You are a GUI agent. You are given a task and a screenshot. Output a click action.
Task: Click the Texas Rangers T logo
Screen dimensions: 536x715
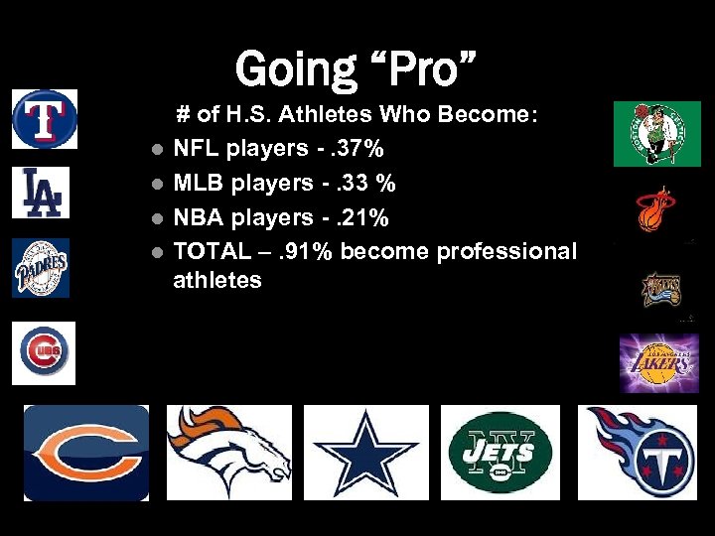click(44, 119)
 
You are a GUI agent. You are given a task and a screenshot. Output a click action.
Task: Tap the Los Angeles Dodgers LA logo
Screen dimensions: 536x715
click(41, 193)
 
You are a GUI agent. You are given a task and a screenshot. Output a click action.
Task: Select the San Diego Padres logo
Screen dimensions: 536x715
click(41, 268)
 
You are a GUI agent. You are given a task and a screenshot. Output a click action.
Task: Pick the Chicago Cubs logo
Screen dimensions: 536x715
click(44, 353)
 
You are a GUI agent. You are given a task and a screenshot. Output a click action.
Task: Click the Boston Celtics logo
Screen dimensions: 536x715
click(656, 133)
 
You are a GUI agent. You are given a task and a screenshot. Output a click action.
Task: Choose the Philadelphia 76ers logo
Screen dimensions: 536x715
click(658, 289)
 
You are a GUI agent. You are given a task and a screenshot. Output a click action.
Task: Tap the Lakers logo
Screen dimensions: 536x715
click(658, 362)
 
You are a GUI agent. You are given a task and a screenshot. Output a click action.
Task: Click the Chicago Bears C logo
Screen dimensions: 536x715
click(86, 453)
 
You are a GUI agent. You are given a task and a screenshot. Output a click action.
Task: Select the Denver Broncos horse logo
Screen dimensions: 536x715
click(228, 453)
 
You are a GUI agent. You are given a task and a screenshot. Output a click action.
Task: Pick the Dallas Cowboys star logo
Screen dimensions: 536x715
click(366, 453)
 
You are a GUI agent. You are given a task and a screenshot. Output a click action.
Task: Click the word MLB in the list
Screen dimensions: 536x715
click(199, 183)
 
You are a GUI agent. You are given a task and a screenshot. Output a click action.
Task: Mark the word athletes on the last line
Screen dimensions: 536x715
click(217, 280)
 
